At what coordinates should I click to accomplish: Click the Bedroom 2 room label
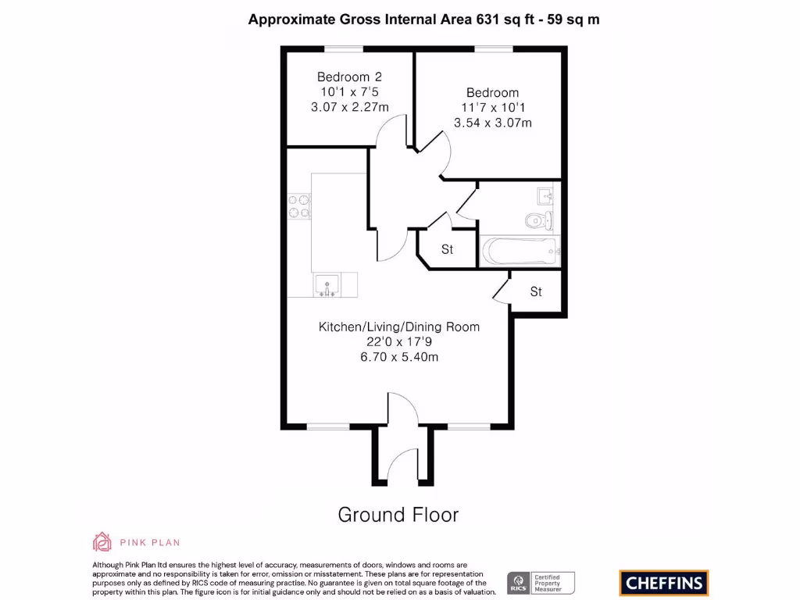(349, 77)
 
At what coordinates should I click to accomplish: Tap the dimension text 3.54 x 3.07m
(493, 123)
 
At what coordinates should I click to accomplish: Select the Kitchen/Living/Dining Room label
(399, 327)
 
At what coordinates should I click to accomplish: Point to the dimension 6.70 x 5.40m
(399, 357)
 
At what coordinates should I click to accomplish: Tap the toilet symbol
(538, 220)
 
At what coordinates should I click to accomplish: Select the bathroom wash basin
(545, 194)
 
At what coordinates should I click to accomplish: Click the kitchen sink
(326, 285)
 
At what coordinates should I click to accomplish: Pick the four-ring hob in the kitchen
(298, 205)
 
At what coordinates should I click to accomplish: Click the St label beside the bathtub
(448, 250)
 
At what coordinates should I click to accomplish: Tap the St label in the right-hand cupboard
(536, 292)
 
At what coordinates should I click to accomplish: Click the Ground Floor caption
(398, 515)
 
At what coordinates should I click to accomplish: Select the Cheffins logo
(664, 582)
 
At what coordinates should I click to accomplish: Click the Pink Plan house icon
(102, 541)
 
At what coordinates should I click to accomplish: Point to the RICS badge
(517, 582)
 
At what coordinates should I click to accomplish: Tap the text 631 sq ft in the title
(507, 20)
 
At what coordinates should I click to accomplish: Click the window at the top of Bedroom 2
(344, 49)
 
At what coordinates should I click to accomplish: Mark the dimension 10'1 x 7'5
(349, 92)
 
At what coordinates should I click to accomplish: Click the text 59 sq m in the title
(573, 20)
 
